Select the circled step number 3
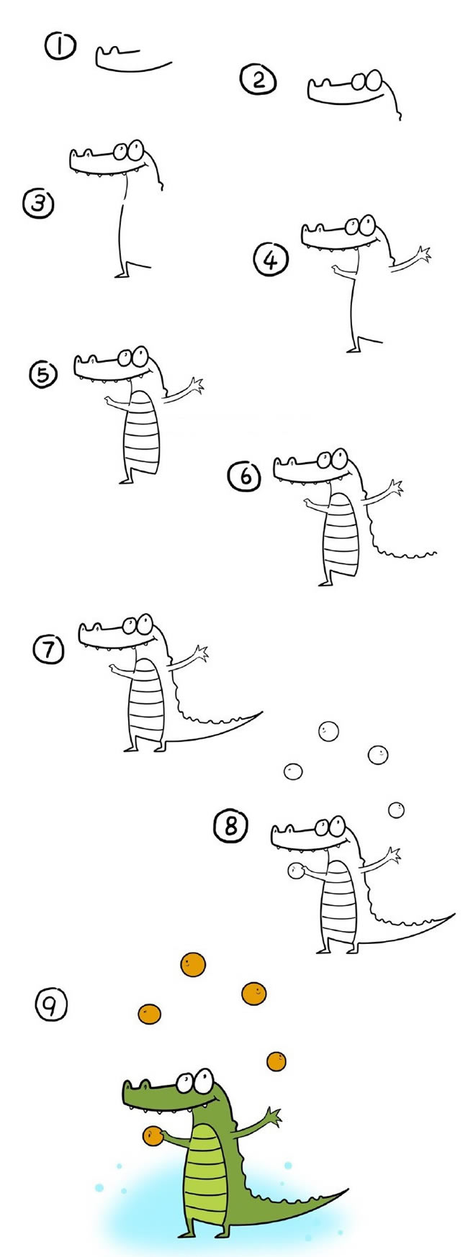pos(37,204)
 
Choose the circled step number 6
pos(245,476)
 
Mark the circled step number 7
pos(48,650)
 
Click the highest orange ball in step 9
pos(193,964)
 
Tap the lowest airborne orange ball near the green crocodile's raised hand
pos(276,1061)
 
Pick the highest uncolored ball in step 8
pos(328,731)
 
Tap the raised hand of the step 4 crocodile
pos(423,253)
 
